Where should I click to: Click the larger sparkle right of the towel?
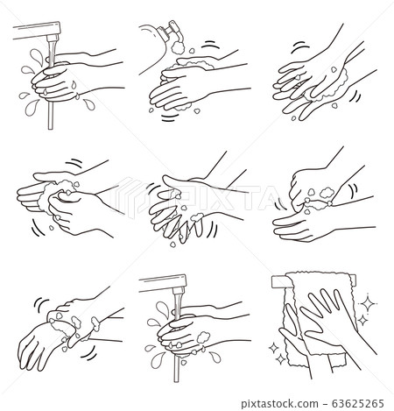369,304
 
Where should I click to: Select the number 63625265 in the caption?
358,404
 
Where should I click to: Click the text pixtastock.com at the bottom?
279,404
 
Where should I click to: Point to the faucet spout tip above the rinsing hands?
179,291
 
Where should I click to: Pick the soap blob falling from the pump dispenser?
178,47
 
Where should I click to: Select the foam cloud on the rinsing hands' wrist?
203,337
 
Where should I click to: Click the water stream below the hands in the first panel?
51,116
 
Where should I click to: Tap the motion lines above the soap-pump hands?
211,46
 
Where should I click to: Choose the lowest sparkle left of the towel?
281,359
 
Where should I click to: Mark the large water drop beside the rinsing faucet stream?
163,309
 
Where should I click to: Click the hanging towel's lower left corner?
290,365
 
